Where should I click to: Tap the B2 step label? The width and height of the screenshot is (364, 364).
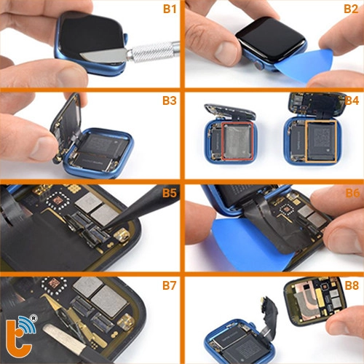351,9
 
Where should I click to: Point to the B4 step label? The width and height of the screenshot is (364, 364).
351,100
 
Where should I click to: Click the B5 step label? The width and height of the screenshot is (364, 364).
168,193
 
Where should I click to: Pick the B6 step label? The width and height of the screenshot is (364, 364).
351,193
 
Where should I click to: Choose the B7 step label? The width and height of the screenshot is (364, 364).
168,285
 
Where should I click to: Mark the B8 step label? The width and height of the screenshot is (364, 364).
351,285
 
